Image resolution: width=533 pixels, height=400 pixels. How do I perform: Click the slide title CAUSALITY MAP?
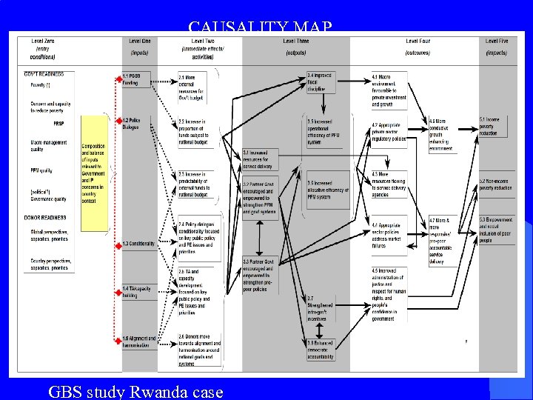point(260,28)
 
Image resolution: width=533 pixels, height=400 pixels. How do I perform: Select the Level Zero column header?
point(42,48)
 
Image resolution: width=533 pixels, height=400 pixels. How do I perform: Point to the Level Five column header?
point(496,47)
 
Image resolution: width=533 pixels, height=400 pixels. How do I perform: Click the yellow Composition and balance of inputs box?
point(93,161)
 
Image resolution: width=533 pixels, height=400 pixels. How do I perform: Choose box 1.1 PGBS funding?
point(134,80)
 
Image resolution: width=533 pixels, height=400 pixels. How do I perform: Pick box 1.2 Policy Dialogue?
point(134,123)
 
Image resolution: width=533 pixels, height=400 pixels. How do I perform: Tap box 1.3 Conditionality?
point(138,243)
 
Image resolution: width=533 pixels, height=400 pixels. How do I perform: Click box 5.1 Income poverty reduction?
point(495,127)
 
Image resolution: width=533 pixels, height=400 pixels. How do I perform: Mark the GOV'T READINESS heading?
point(44,74)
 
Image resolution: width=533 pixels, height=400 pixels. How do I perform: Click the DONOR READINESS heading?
point(45,218)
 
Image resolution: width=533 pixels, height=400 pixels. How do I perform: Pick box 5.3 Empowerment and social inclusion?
point(495,230)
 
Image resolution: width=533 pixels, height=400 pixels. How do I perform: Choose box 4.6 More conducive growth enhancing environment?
point(441,134)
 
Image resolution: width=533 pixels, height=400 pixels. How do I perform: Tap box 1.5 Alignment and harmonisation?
point(138,342)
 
